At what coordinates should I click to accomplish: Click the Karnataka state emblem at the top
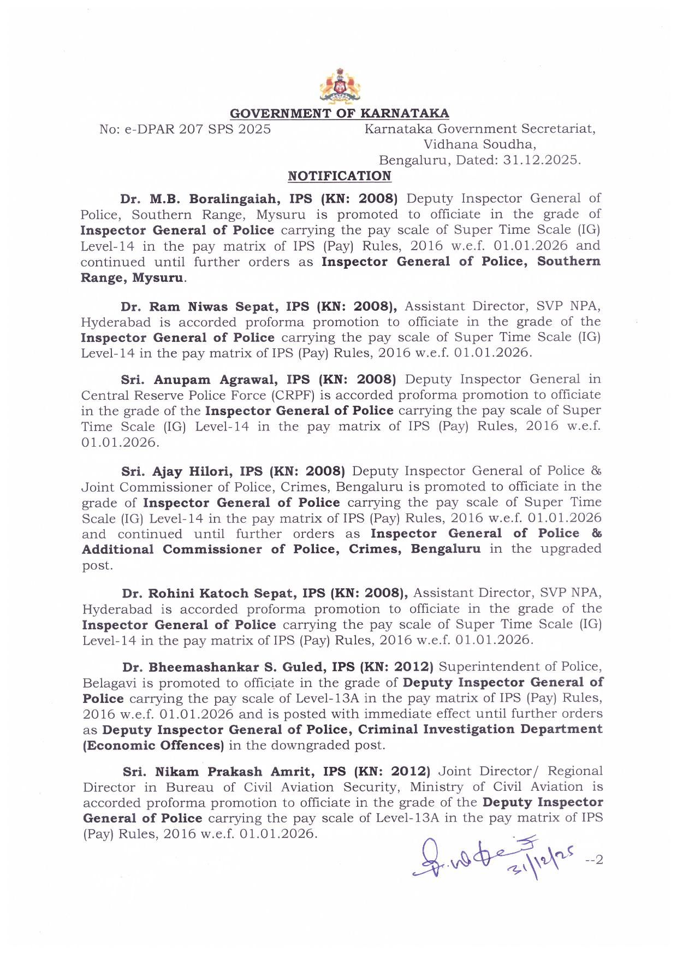339,86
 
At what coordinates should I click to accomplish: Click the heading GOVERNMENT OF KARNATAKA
339,114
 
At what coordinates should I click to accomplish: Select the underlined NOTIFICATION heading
339,176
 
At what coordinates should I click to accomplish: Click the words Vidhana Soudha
480,145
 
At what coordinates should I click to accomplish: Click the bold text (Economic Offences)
153,746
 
